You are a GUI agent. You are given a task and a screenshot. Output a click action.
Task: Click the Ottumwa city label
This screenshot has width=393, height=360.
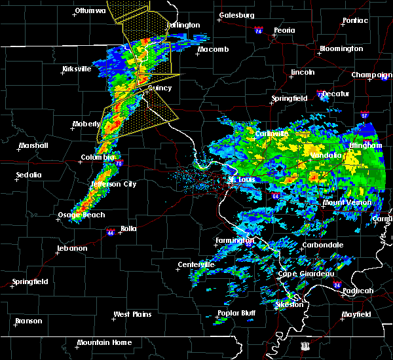(x=90, y=11)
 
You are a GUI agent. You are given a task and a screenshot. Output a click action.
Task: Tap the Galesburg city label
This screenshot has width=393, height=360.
(x=236, y=15)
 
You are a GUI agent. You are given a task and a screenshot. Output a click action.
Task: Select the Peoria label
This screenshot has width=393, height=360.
(x=284, y=31)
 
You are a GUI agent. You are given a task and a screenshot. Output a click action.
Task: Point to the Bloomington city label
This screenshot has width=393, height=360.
(x=341, y=49)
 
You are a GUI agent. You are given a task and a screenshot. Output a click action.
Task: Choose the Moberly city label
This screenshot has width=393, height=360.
(x=86, y=124)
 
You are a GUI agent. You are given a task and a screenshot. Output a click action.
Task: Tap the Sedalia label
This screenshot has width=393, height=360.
(x=29, y=175)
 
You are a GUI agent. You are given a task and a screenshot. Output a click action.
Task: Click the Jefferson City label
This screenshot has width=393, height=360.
(x=113, y=184)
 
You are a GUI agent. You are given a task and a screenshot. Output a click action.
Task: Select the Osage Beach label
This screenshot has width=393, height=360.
(x=77, y=215)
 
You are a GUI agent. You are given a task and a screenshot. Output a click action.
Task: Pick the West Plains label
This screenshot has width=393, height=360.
(x=133, y=314)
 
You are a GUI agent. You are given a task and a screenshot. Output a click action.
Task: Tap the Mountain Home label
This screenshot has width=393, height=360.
(x=104, y=342)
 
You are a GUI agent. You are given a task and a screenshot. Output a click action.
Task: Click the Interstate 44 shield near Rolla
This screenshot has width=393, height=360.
(x=111, y=231)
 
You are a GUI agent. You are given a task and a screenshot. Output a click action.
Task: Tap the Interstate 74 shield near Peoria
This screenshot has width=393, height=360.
(x=258, y=31)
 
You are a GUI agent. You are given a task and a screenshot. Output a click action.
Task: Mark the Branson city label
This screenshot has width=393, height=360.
(x=28, y=321)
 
